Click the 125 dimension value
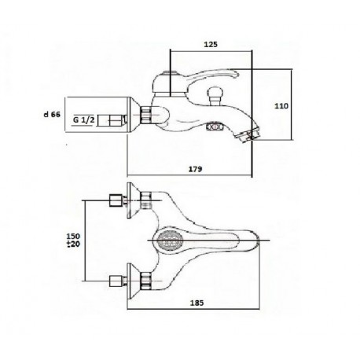(x=211, y=44)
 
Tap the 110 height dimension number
(x=281, y=106)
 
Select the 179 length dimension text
(x=196, y=169)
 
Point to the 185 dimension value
(x=197, y=303)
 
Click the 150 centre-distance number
(x=73, y=237)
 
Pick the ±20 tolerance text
(x=73, y=244)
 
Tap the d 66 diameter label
(x=52, y=114)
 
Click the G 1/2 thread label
(x=83, y=120)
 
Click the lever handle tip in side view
(x=235, y=74)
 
